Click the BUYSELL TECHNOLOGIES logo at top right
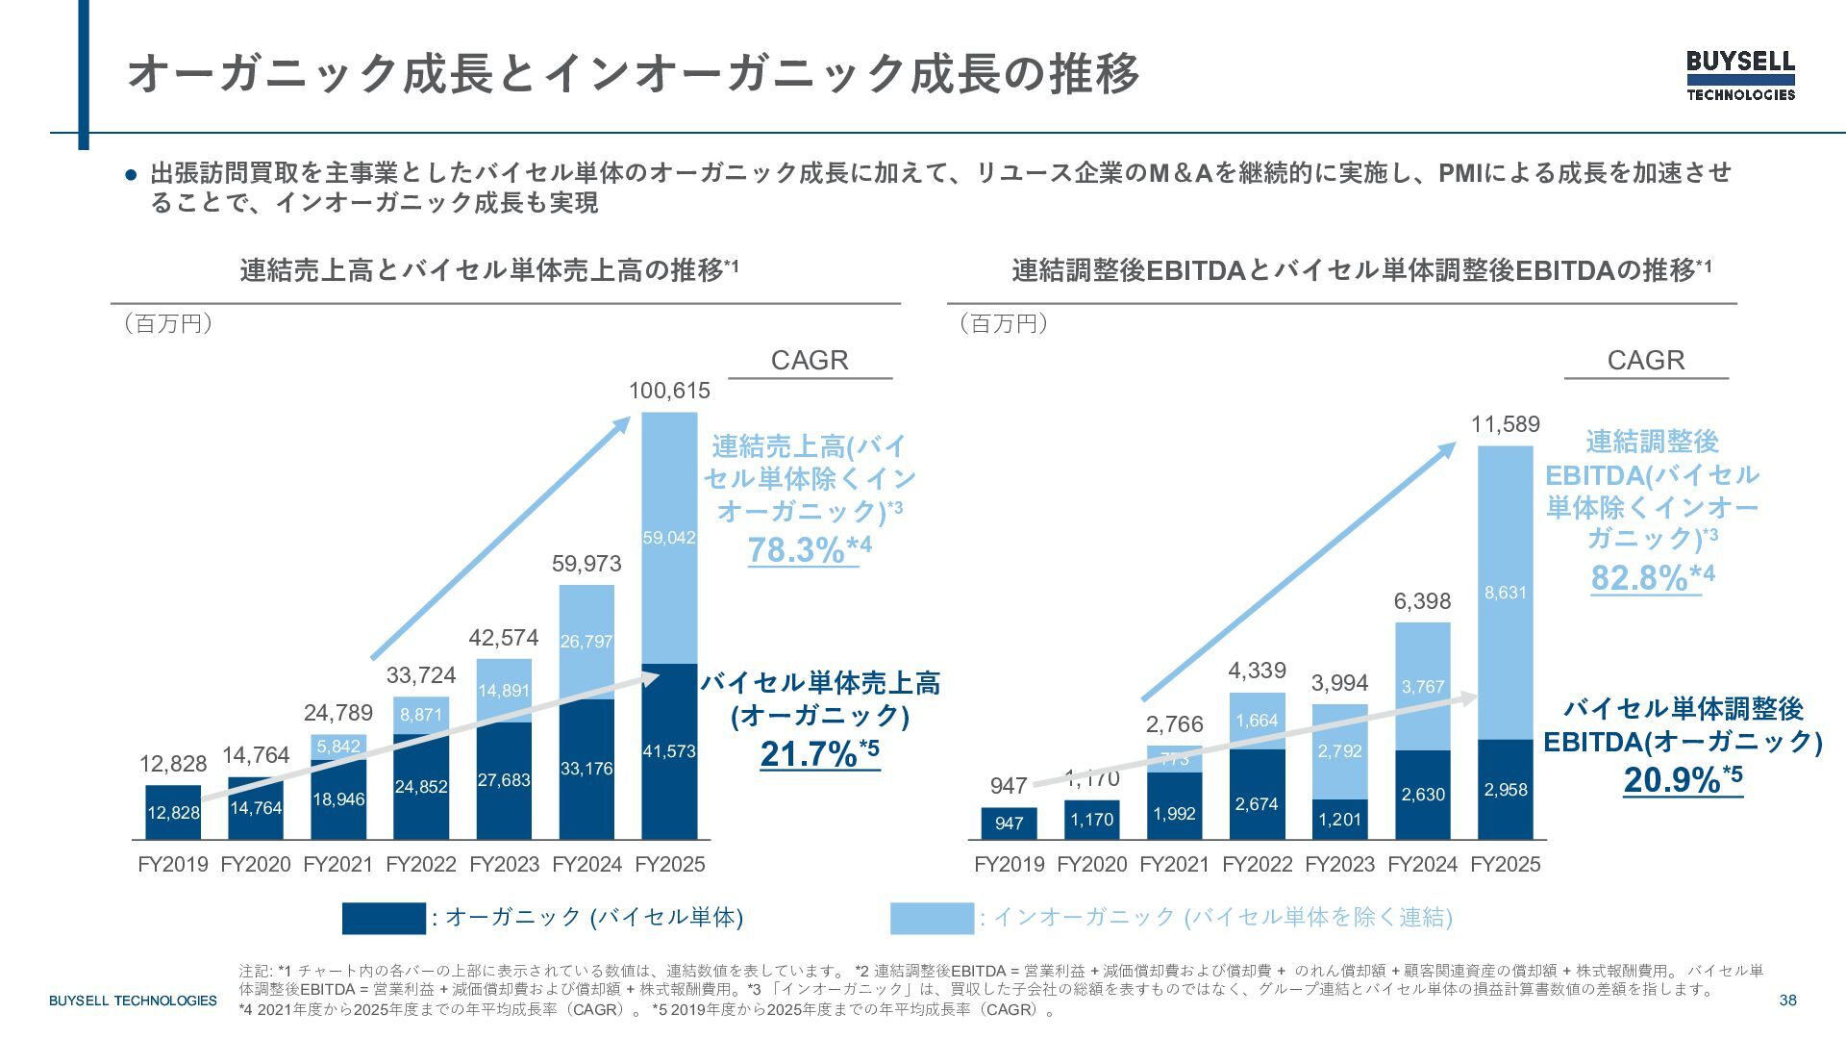tap(1740, 75)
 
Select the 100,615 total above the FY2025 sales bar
tap(669, 391)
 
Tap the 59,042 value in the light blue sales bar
tap(669, 538)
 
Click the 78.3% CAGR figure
tap(797, 549)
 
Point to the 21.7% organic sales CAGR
tap(809, 754)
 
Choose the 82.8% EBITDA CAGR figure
tap(1640, 577)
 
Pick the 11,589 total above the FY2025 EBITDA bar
tap(1506, 424)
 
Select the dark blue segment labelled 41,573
tap(669, 751)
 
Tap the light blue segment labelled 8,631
tap(1506, 593)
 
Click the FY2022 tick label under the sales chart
tap(421, 864)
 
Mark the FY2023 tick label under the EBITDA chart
tap(1340, 864)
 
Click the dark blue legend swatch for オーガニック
tap(384, 918)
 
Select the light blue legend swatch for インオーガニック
tap(932, 918)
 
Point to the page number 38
tap(1787, 1001)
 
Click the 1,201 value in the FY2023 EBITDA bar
tap(1340, 820)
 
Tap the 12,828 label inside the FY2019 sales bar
tap(173, 813)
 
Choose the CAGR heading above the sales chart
tap(810, 360)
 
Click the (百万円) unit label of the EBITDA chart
tap(1004, 323)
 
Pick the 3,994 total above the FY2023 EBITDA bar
tap(1340, 683)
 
